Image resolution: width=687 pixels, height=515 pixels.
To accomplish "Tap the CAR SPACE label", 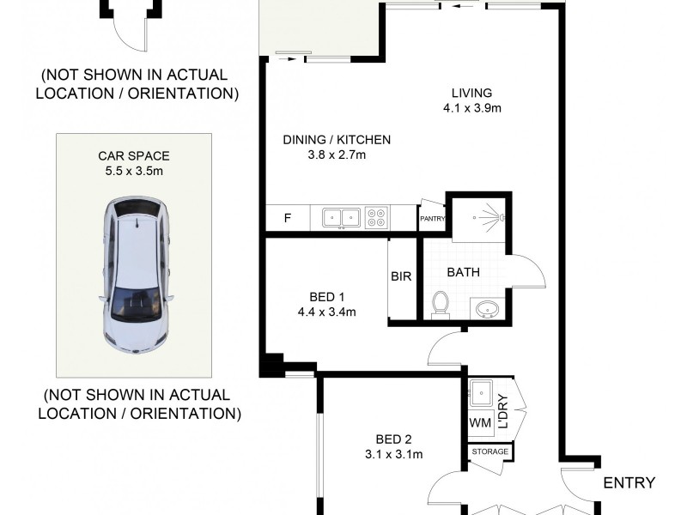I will point(133,156).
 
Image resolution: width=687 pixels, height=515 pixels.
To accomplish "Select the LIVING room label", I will point(472,93).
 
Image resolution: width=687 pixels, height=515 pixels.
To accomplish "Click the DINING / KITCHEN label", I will point(337,139).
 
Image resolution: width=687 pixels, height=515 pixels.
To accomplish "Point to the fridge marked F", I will point(286,218).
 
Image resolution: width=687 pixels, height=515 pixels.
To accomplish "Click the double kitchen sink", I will point(341,218).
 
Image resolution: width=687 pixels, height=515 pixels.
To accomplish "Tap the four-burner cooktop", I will point(377,218).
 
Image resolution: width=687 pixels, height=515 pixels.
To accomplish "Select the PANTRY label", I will point(431,219).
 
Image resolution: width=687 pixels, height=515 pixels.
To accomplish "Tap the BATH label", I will point(463,273).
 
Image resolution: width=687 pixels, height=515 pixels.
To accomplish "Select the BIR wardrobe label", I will point(401,276).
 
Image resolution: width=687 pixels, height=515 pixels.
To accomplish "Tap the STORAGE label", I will point(489,451).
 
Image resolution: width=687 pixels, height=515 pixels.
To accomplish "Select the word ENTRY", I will point(629,482).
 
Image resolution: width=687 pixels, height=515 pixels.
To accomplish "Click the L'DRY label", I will point(503,410).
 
